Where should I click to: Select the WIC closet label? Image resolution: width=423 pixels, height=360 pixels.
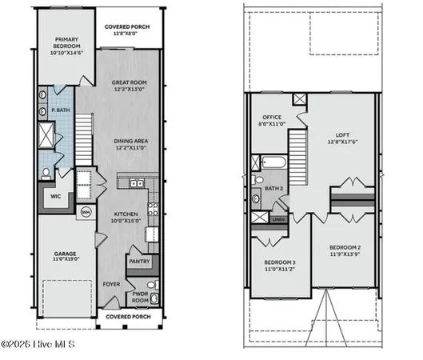click(56, 196)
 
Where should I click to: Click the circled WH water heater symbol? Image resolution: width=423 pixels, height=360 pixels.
click(86, 212)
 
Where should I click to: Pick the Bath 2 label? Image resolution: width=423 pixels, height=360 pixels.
click(274, 189)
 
